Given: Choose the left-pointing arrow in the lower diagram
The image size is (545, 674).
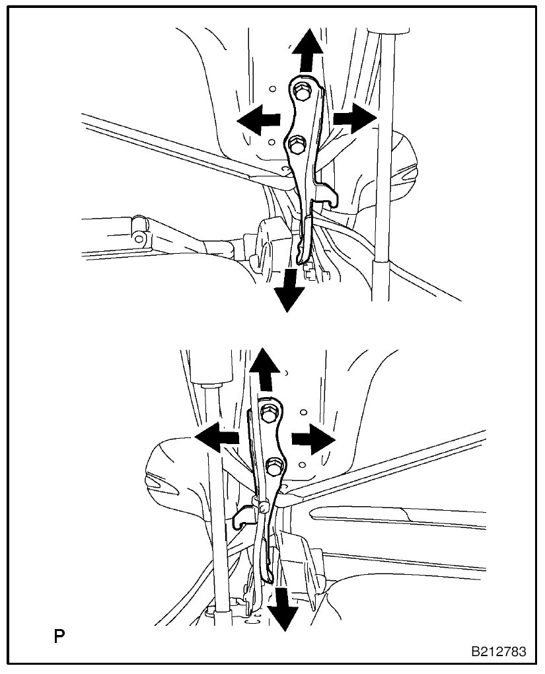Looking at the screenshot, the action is pyautogui.click(x=217, y=438).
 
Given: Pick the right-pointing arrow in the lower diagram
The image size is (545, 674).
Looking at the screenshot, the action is pyautogui.click(x=313, y=438).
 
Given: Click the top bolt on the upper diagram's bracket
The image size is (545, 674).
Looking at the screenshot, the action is pyautogui.click(x=302, y=92).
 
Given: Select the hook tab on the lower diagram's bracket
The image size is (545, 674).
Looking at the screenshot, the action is pyautogui.click(x=242, y=515).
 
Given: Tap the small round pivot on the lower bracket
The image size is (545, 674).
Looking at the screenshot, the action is pyautogui.click(x=264, y=507).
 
